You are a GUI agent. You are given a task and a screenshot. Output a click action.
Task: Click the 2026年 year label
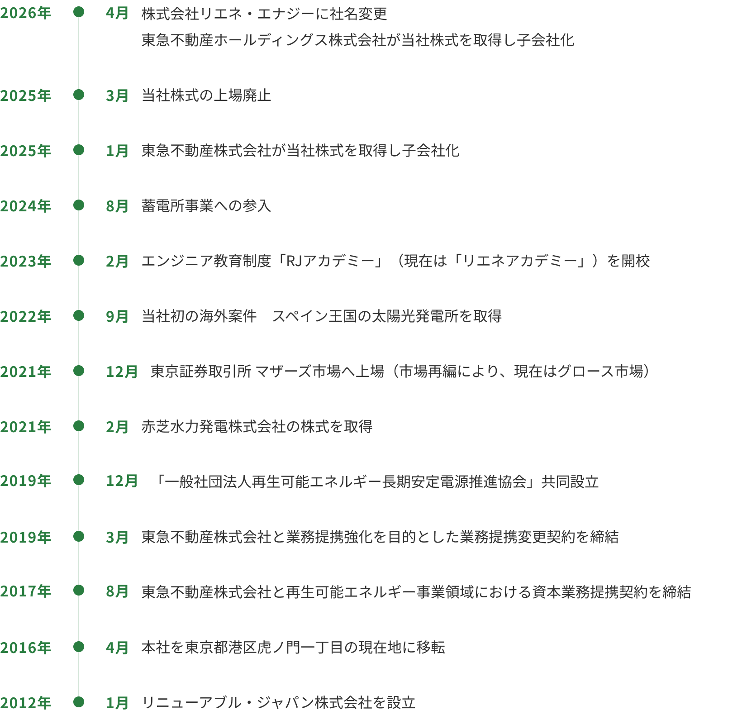[x=26, y=13]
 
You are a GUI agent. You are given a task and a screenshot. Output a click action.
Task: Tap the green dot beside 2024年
[x=79, y=205]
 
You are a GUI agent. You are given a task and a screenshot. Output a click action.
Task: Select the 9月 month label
[x=117, y=316]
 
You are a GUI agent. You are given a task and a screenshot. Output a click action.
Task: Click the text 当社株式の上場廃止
[x=206, y=95]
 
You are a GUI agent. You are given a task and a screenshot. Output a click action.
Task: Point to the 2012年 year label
[x=26, y=702]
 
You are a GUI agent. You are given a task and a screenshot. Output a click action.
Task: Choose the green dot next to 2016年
[x=79, y=647]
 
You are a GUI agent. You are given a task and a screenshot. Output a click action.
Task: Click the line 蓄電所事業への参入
[x=206, y=206]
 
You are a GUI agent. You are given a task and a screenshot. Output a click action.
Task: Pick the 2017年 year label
[x=26, y=591]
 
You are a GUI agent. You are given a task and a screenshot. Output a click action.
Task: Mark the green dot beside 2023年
[x=79, y=261]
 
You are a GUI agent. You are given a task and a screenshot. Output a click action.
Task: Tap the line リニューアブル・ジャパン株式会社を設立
[x=279, y=703]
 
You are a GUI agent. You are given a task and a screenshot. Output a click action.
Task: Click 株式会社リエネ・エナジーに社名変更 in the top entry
[x=264, y=14]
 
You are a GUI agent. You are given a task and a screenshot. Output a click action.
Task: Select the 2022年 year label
[x=26, y=316]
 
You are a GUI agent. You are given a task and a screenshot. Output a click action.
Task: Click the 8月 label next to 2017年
[x=117, y=591]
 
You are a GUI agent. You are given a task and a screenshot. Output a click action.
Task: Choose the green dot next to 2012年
[x=79, y=702]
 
